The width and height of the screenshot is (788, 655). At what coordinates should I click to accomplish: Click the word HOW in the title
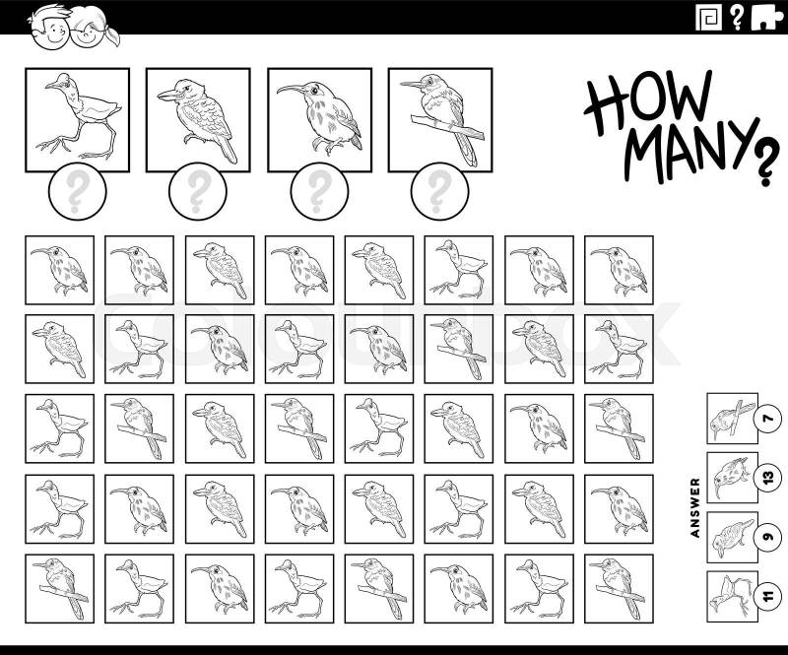(648, 103)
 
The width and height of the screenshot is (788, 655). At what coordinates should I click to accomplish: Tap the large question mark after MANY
(765, 162)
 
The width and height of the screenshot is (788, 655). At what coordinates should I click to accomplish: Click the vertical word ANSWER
(695, 507)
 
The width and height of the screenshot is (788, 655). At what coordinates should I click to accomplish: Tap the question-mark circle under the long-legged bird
(78, 191)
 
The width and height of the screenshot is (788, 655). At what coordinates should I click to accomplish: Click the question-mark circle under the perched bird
(439, 191)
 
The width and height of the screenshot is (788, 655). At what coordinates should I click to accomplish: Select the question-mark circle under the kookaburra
(198, 191)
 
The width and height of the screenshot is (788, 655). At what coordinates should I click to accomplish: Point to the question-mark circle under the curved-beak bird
(319, 191)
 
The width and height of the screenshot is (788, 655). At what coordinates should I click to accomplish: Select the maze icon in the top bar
(708, 18)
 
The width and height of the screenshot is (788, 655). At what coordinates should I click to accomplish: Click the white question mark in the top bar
(736, 18)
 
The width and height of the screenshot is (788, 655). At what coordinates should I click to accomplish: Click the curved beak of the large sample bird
(291, 90)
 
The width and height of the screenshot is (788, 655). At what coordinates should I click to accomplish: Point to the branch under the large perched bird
(447, 126)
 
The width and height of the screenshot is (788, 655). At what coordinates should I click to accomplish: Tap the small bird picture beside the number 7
(732, 419)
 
